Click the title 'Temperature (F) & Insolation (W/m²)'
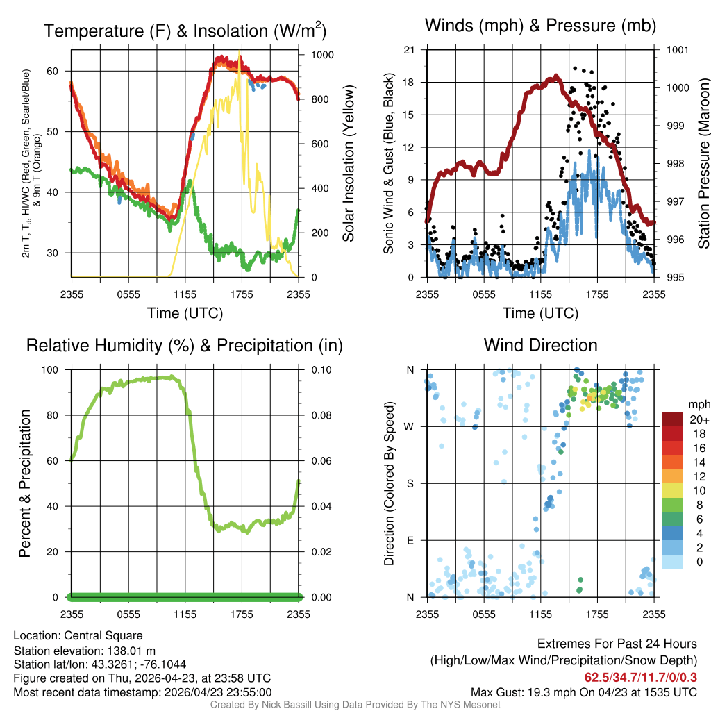click(185, 31)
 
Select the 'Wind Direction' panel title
click(540, 345)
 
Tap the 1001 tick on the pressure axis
click(678, 50)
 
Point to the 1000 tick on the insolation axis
click(322, 55)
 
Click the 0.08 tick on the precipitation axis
click(321, 415)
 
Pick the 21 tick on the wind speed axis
click(409, 50)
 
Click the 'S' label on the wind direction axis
click(410, 483)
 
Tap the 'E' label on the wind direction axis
click(410, 540)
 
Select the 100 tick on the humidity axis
click(50, 370)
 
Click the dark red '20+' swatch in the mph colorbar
click(672, 419)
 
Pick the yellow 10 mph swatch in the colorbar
click(672, 491)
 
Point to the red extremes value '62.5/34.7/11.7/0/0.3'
click(640, 678)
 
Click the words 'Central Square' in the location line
click(103, 636)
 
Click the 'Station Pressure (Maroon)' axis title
click(703, 163)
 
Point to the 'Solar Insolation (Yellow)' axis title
click(348, 163)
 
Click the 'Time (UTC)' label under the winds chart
click(540, 313)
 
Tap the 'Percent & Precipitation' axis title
click(25, 483)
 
